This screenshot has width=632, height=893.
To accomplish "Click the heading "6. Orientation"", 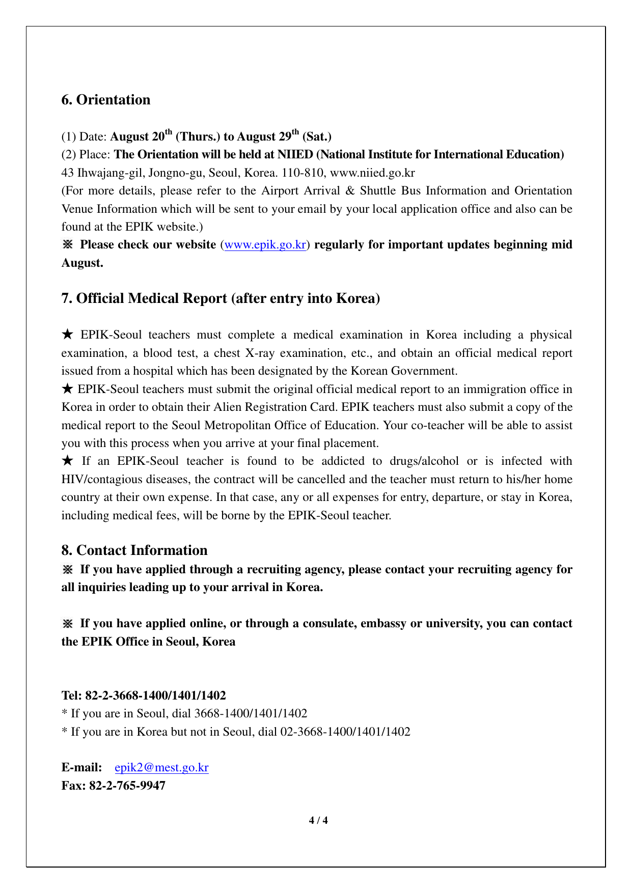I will [x=106, y=100].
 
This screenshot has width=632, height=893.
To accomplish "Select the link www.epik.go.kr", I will [x=265, y=245].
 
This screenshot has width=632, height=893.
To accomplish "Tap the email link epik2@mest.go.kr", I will [x=161, y=768].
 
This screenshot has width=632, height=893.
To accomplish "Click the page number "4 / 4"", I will [x=319, y=820].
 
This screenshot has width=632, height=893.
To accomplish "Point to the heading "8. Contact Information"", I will [x=134, y=550].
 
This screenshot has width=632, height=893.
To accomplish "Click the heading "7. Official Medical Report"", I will [x=221, y=298].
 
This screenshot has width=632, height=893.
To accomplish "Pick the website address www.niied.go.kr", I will [x=372, y=173].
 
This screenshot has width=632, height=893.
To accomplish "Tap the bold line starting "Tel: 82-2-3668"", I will [x=144, y=695].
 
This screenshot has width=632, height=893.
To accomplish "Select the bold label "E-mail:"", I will [x=81, y=768].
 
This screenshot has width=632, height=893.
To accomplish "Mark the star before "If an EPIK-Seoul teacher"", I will [x=68, y=461].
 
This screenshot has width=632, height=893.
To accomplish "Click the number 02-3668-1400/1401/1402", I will [x=345, y=732].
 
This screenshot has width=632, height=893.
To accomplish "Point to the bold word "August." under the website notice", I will [x=82, y=263].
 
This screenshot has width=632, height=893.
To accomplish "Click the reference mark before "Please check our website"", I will [x=68, y=245].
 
